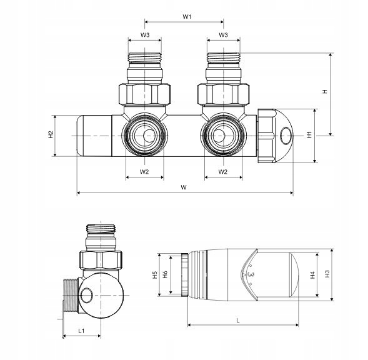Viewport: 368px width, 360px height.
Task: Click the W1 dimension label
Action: pyautogui.click(x=187, y=17)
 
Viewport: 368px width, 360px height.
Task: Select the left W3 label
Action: pyautogui.click(x=145, y=35)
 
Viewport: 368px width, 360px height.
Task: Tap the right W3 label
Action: pyautogui.click(x=223, y=35)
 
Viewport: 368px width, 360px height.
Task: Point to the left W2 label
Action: pyautogui.click(x=144, y=172)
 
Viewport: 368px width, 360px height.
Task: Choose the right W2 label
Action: pyautogui.click(x=223, y=172)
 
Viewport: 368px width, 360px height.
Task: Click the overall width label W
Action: pyautogui.click(x=184, y=187)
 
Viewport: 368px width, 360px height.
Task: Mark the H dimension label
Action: pyautogui.click(x=325, y=92)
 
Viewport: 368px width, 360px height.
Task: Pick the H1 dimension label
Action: pyautogui.click(x=309, y=135)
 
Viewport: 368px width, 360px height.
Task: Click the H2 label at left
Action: pyautogui.click(x=51, y=134)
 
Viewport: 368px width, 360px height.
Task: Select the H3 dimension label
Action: pyautogui.click(x=327, y=274)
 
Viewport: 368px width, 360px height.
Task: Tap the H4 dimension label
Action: pyautogui.click(x=312, y=275)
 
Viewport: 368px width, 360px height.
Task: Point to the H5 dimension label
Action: pyautogui.click(x=155, y=275)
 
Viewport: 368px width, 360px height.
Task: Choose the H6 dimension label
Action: pyautogui.click(x=165, y=274)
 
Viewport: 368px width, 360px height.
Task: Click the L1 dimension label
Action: pyautogui.click(x=81, y=331)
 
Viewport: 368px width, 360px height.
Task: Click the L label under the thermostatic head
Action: pyautogui.click(x=238, y=321)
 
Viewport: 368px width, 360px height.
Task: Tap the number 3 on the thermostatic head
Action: pyautogui.click(x=251, y=274)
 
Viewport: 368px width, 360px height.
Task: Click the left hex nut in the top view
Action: pyautogui.click(x=144, y=94)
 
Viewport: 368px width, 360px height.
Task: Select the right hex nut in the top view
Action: pyautogui.click(x=223, y=94)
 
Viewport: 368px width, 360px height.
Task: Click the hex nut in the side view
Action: pyautogui.click(x=101, y=260)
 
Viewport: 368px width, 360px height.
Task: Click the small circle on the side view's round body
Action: pyautogui.click(x=87, y=295)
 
